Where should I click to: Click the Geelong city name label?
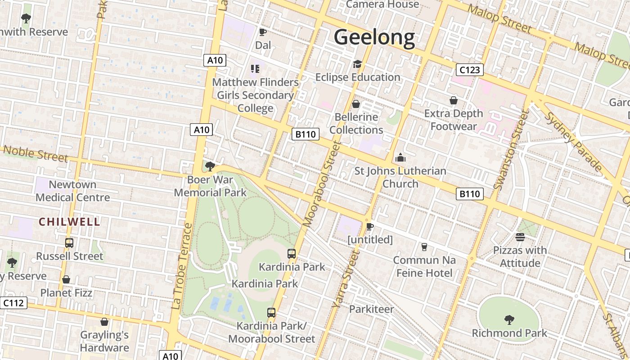(374, 38)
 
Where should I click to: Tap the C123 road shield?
(470, 70)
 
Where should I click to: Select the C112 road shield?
(13, 303)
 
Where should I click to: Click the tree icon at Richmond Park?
(509, 320)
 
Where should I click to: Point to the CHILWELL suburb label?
(69, 221)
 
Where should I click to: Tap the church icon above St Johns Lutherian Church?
(400, 158)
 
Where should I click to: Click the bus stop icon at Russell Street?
(69, 243)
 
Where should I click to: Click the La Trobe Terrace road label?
(182, 265)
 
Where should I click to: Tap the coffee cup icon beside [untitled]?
(370, 226)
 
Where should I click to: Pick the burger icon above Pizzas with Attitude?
(520, 237)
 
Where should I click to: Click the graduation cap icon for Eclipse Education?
(357, 64)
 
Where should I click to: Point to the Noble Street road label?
(36, 153)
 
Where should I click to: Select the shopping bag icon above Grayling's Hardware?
(104, 322)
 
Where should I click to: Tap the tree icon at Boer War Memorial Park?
(210, 166)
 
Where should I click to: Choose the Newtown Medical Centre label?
(72, 191)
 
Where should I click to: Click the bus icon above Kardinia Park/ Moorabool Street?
(271, 313)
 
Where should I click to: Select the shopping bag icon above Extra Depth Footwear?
(454, 100)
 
